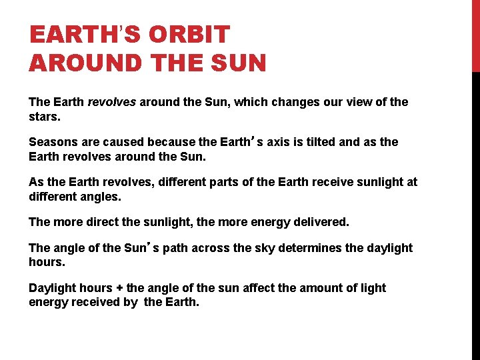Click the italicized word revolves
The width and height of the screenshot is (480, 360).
pyautogui.click(x=112, y=102)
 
